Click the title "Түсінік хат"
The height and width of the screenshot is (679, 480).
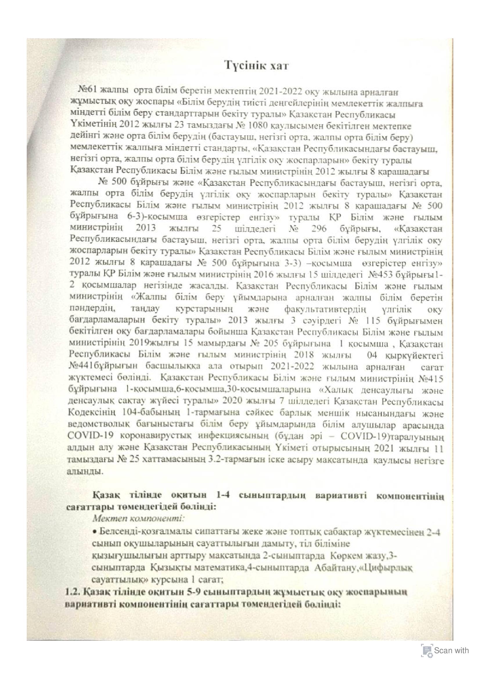pyautogui.click(x=256, y=65)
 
